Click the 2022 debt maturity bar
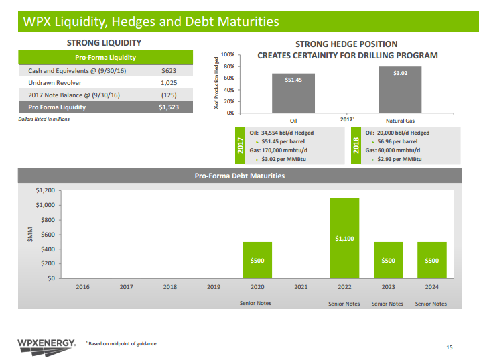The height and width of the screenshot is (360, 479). click(x=344, y=238)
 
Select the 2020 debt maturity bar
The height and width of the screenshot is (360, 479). click(x=257, y=260)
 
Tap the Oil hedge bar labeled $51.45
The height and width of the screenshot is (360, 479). click(x=293, y=93)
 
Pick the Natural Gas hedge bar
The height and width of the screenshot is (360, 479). click(x=399, y=89)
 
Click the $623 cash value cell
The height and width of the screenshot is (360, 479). click(x=169, y=70)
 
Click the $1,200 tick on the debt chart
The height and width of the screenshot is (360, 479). click(x=45, y=190)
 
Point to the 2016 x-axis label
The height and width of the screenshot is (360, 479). click(x=83, y=286)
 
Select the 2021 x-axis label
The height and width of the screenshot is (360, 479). click(x=301, y=286)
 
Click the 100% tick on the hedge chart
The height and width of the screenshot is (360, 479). click(x=246, y=54)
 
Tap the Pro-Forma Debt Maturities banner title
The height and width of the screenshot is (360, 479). click(x=239, y=176)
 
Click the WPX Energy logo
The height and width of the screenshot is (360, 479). click(x=46, y=345)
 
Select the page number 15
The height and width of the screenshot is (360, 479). click(x=449, y=347)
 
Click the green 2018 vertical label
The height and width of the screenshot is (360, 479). click(x=356, y=146)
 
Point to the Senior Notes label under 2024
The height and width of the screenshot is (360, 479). click(x=431, y=304)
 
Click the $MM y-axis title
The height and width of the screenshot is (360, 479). click(x=30, y=234)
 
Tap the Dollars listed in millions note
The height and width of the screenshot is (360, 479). click(x=44, y=119)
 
